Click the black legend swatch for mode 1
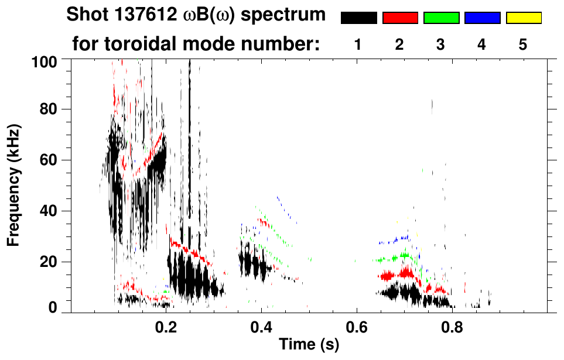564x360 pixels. click(358, 18)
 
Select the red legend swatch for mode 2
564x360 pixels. click(400, 18)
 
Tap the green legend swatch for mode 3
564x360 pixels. click(441, 18)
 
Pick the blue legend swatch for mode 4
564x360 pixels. click(482, 18)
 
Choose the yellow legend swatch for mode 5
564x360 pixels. click(523, 18)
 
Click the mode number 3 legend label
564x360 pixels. click(440, 44)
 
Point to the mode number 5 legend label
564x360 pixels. click(522, 44)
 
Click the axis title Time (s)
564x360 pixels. click(309, 345)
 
